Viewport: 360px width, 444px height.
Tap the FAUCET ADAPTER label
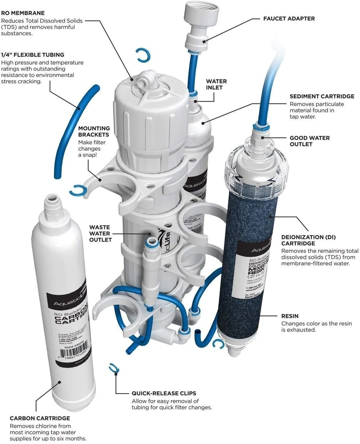click(289, 19)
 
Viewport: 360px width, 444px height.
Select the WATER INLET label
click(216, 85)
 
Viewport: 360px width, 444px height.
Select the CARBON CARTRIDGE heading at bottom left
click(33, 418)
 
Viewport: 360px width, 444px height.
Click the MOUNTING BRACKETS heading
click(94, 131)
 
